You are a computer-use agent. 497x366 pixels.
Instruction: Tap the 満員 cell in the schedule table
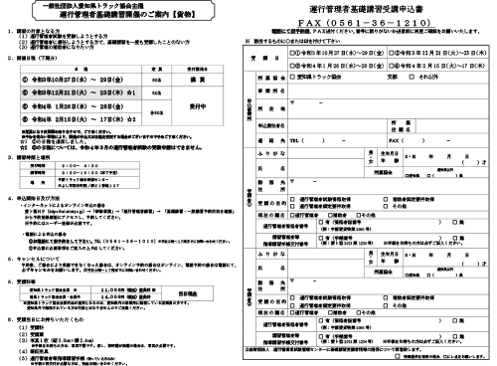196,89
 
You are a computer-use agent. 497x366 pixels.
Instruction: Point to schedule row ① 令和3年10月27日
80,89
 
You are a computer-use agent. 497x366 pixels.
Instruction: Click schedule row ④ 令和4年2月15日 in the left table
80,145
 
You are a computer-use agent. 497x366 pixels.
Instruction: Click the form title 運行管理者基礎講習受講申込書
373,8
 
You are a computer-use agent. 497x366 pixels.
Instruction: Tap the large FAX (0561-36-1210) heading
373,21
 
